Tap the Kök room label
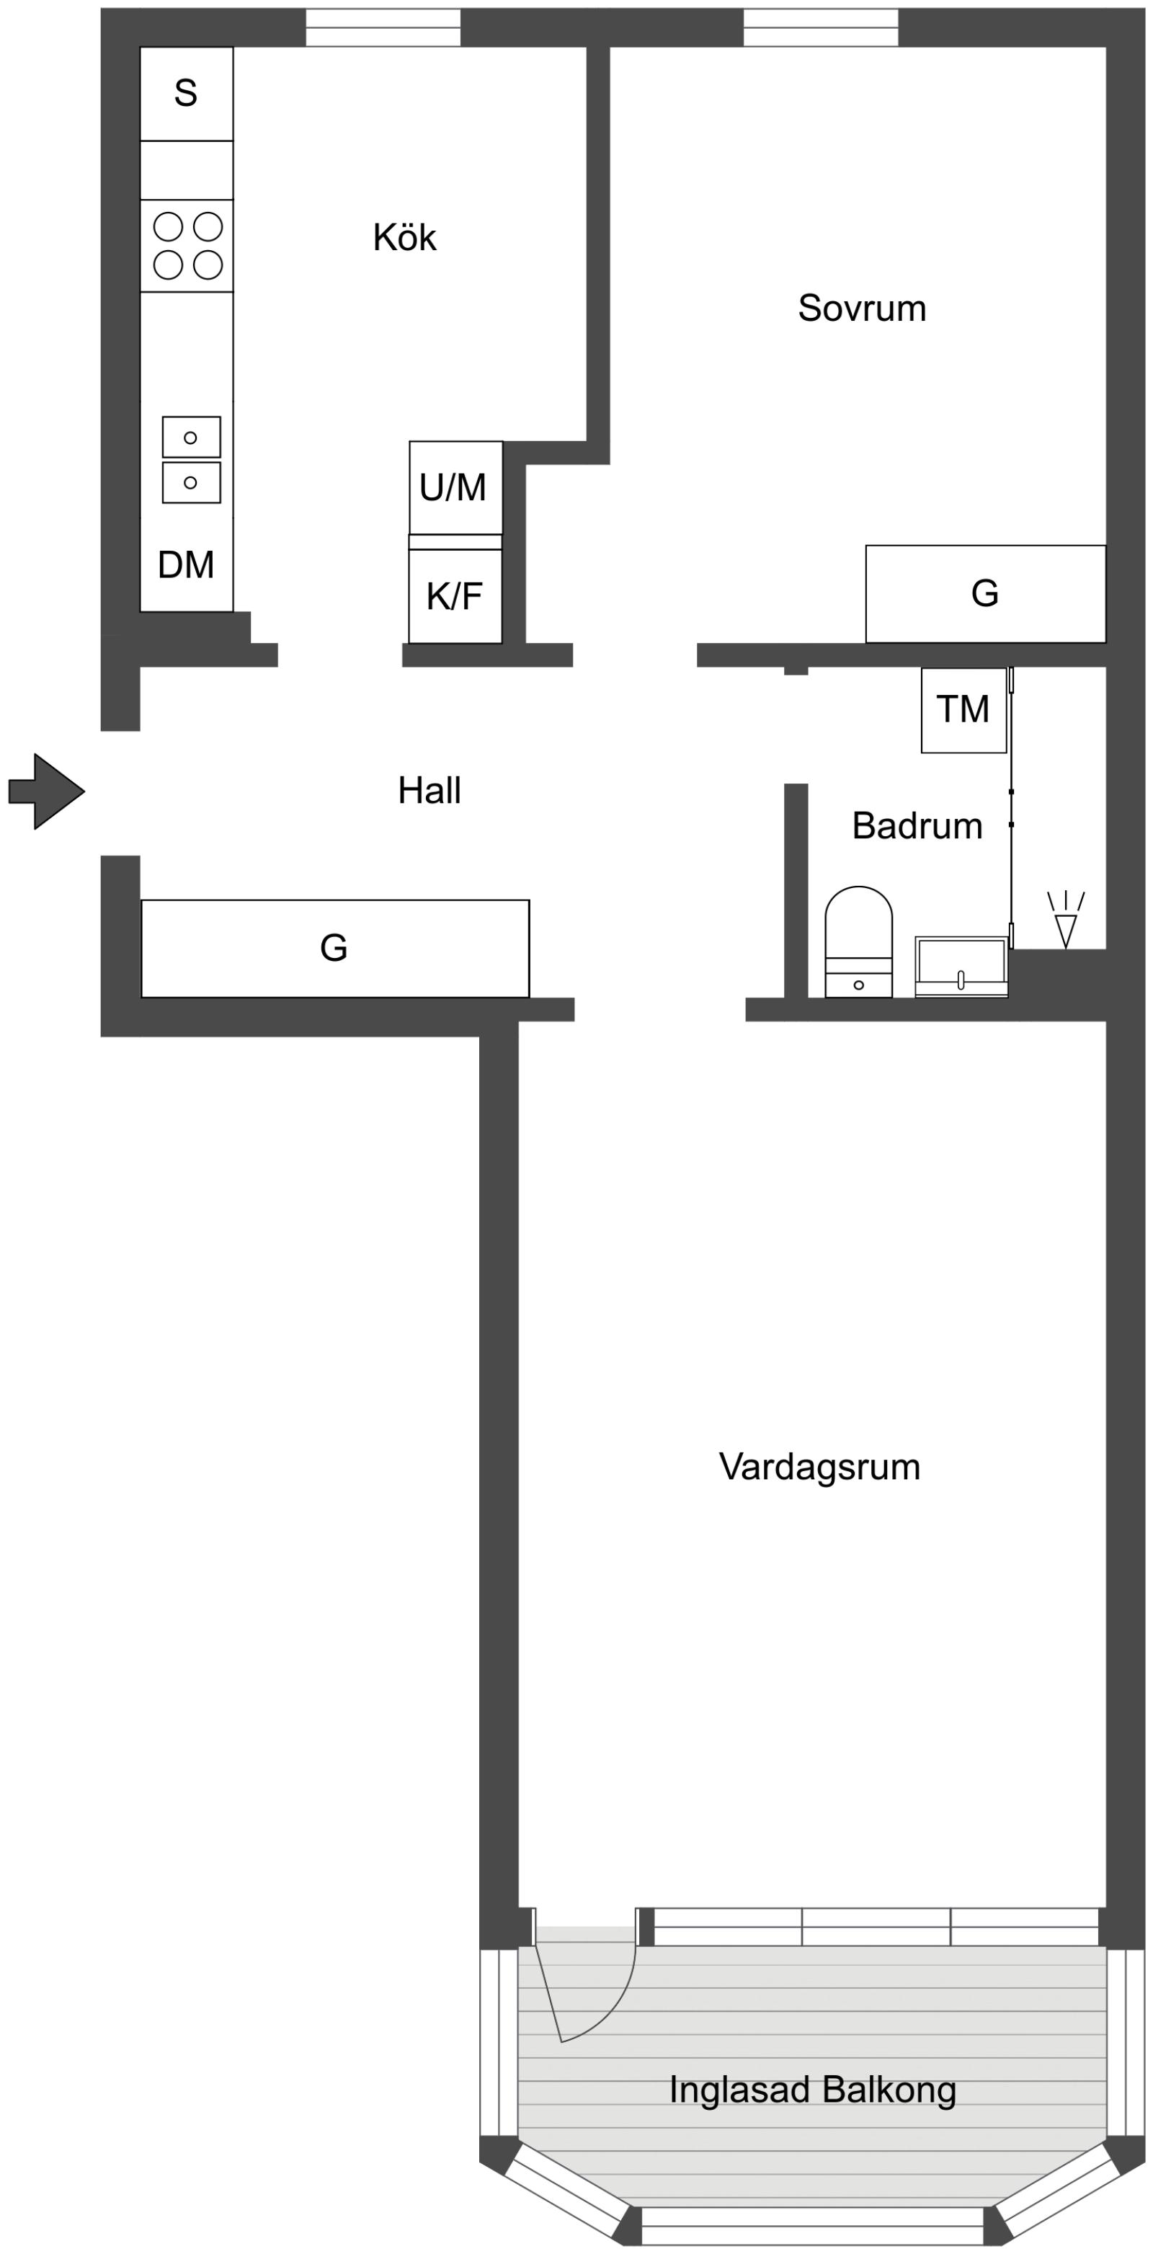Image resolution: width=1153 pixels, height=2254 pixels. coord(404,237)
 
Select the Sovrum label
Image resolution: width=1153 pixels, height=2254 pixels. coord(862,308)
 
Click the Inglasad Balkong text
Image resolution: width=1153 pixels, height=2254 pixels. coord(812,2089)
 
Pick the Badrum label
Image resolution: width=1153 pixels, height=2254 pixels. coord(917,825)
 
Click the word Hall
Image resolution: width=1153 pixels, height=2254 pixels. coord(429,790)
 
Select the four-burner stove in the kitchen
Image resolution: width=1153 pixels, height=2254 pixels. coord(187,246)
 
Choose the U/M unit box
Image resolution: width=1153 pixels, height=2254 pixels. coord(455,487)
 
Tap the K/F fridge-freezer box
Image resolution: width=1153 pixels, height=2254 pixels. coord(455,597)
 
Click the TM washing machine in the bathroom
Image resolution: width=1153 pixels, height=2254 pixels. coord(963,709)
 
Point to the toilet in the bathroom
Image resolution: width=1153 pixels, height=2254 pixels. coord(858,941)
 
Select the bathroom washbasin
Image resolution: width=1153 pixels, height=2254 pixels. coord(961,966)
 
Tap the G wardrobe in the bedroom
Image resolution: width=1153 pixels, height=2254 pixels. coord(985,594)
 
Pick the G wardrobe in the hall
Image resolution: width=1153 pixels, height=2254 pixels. coord(334,949)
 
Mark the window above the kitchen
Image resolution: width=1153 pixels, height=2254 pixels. coord(383,27)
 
